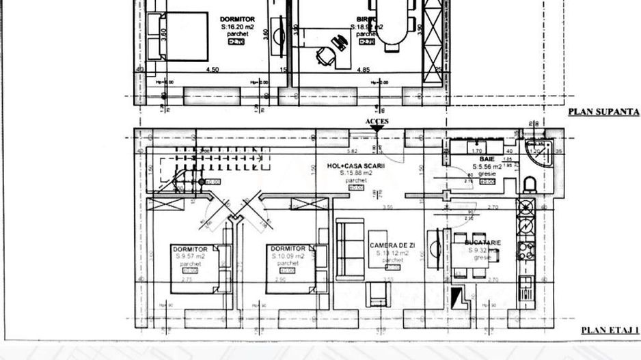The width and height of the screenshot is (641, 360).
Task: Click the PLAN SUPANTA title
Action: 603,112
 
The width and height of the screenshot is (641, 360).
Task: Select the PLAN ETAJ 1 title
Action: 610,331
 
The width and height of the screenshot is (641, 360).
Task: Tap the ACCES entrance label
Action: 377,122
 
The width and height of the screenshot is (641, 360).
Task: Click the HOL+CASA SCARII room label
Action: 357,166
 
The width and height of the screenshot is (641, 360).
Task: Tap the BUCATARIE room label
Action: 483,243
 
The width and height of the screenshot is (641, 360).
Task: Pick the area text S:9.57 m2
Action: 190,256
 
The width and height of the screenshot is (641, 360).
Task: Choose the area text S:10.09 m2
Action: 288,256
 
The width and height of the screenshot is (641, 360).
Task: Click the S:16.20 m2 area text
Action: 236,27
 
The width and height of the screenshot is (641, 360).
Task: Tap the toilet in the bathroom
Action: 528,184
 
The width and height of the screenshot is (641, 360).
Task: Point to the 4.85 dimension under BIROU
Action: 363,69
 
